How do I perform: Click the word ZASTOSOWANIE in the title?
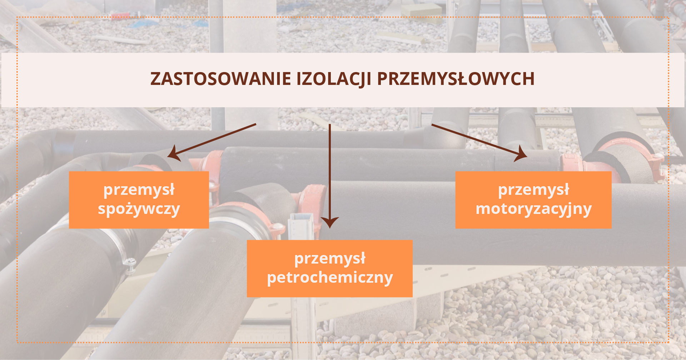click(x=220, y=79)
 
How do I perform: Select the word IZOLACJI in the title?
click(x=334, y=79)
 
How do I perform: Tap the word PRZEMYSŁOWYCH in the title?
click(x=456, y=79)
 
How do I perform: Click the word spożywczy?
click(x=139, y=209)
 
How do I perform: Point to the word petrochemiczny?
click(x=330, y=278)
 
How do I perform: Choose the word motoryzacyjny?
click(x=533, y=209)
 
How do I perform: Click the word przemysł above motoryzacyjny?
click(x=533, y=190)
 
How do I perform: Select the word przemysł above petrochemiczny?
click(x=330, y=259)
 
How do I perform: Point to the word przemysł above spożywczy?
click(x=139, y=190)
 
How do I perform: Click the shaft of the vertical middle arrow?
click(x=329, y=171)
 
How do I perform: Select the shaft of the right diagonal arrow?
click(x=475, y=139)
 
